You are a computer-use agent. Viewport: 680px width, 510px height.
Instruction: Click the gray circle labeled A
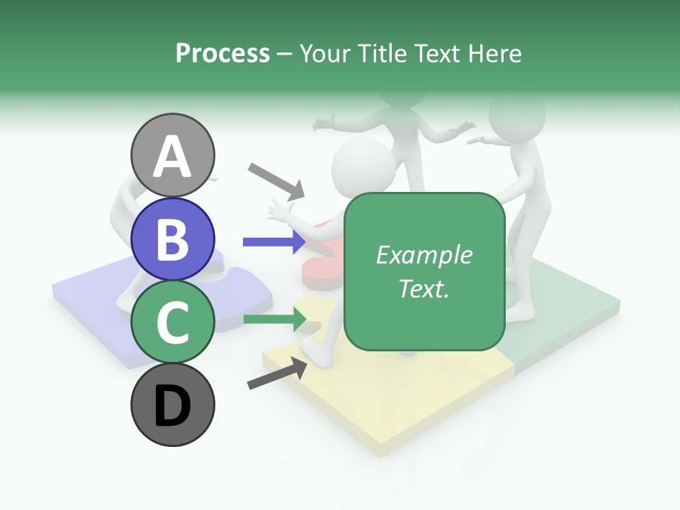point(172,156)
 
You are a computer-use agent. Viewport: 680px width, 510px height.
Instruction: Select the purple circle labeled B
point(172,239)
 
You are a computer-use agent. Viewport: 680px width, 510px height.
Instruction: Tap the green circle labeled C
point(172,322)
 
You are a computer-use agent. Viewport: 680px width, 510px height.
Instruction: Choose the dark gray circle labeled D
point(172,405)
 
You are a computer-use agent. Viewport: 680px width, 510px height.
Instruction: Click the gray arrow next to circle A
point(276,181)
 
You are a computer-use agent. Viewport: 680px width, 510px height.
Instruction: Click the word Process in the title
point(222,53)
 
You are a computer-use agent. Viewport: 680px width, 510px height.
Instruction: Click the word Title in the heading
point(380,53)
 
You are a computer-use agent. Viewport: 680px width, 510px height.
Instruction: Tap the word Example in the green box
point(424,255)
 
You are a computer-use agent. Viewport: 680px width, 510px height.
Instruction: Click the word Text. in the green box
point(424,288)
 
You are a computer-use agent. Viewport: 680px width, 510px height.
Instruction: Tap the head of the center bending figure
point(363,168)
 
